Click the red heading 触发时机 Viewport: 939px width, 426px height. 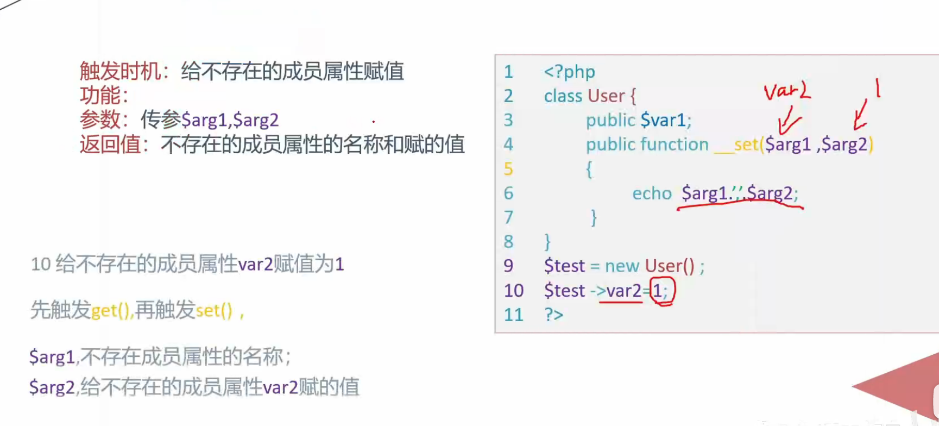[120, 71]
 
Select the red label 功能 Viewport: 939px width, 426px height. [100, 96]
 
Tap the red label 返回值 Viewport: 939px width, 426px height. [110, 145]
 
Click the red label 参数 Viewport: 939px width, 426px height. [100, 120]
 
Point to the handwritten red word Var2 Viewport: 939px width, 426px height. [786, 91]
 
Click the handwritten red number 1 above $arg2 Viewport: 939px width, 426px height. [877, 87]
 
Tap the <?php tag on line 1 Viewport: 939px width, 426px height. [569, 72]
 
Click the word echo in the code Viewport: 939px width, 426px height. [652, 193]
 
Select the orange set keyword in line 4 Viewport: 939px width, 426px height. [746, 145]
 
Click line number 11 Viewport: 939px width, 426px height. [513, 315]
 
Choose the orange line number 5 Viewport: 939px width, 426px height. [508, 169]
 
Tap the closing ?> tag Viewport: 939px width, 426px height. [554, 315]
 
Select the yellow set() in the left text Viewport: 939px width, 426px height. [213, 310]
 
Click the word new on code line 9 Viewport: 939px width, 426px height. [622, 266]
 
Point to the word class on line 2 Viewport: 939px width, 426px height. [563, 96]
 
